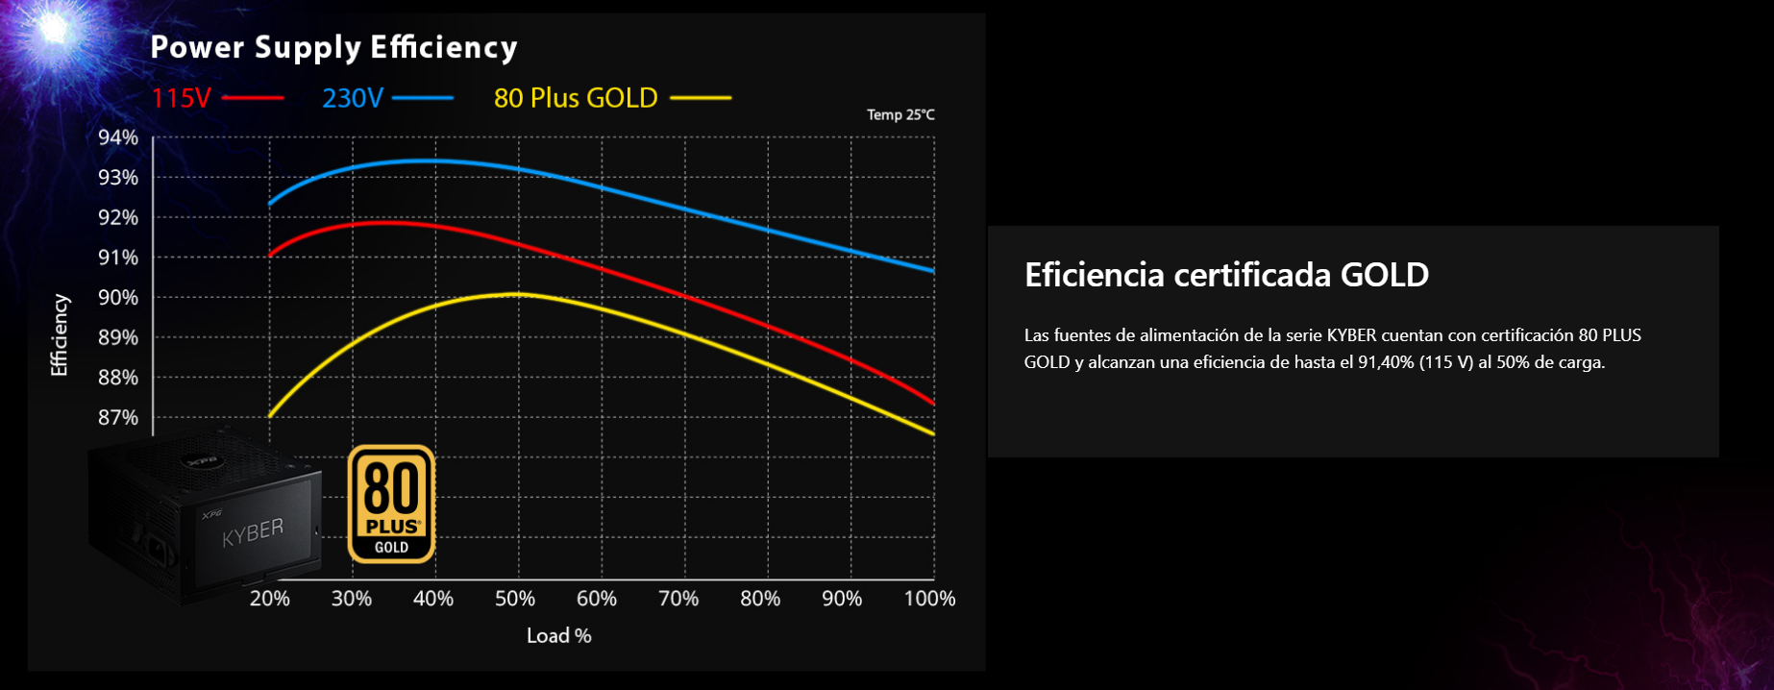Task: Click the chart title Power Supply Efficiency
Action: click(x=333, y=47)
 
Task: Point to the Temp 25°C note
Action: click(x=900, y=115)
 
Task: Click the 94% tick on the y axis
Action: click(x=118, y=137)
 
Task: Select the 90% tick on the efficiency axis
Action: click(x=118, y=298)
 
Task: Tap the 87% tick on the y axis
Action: click(x=118, y=418)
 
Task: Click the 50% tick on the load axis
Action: click(x=515, y=599)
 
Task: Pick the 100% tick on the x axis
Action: click(x=929, y=599)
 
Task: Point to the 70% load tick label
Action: click(x=678, y=599)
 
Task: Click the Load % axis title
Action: click(x=558, y=635)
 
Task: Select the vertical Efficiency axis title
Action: click(x=60, y=335)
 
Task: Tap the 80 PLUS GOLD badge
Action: click(x=391, y=504)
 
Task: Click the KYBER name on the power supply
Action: click(x=253, y=531)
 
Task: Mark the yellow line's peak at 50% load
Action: click(x=519, y=294)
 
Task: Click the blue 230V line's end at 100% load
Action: click(x=933, y=271)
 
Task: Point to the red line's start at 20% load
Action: click(x=270, y=255)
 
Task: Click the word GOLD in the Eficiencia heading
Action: click(x=1384, y=275)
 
